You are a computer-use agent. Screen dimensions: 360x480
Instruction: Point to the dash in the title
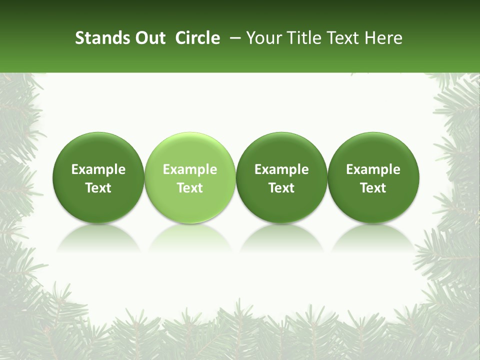click(233, 38)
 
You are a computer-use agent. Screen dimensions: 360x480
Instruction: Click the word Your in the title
click(261, 38)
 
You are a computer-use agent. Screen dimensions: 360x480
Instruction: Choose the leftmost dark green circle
click(98, 200)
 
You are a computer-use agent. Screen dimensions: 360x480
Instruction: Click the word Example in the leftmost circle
click(98, 170)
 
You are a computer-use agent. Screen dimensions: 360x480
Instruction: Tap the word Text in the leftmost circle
click(98, 188)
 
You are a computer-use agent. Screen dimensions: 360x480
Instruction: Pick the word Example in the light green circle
click(190, 170)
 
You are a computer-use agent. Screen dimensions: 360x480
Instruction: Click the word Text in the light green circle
click(190, 188)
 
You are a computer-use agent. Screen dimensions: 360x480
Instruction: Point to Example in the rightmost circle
click(373, 170)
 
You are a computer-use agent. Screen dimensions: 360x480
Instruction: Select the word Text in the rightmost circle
click(373, 188)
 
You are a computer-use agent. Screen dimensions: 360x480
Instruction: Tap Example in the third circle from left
click(281, 170)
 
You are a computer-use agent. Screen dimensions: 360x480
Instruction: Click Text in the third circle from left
click(281, 188)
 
